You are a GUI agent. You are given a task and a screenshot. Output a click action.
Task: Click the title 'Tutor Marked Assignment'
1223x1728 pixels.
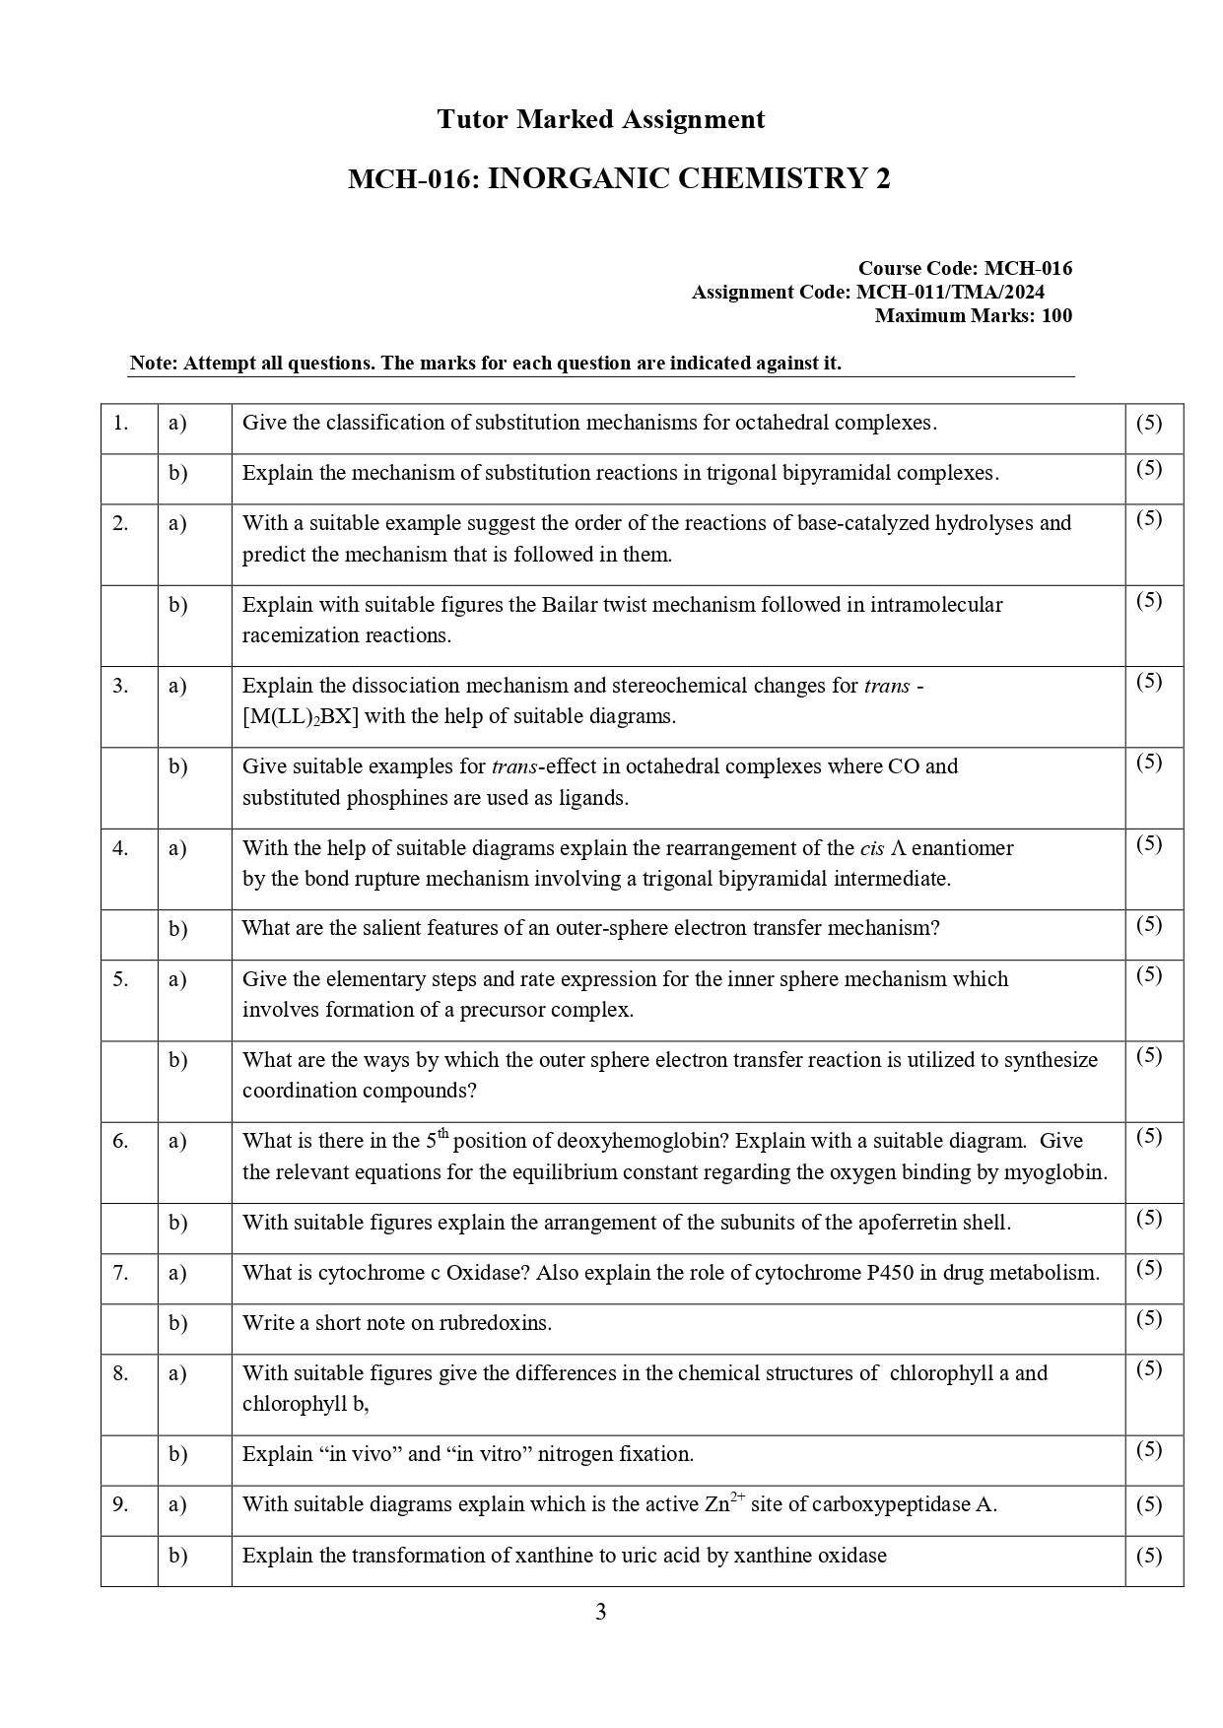[600, 120]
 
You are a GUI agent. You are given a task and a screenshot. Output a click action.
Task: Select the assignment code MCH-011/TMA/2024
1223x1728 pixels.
[950, 292]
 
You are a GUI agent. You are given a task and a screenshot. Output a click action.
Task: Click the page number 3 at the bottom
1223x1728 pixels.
[601, 1612]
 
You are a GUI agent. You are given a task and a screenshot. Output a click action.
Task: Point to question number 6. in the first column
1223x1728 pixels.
[120, 1141]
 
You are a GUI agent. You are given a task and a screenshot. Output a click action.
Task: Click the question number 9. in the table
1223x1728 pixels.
[120, 1504]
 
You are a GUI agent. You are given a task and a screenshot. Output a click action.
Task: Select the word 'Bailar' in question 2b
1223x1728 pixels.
[570, 604]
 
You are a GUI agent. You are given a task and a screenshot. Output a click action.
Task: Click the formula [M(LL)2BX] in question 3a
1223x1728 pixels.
[301, 716]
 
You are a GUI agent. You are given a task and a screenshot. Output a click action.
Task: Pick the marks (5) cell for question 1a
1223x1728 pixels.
[1149, 423]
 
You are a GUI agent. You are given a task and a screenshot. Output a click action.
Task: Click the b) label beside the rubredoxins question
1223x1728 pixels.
[177, 1322]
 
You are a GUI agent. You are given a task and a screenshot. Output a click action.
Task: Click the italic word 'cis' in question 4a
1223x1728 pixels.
[872, 848]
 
